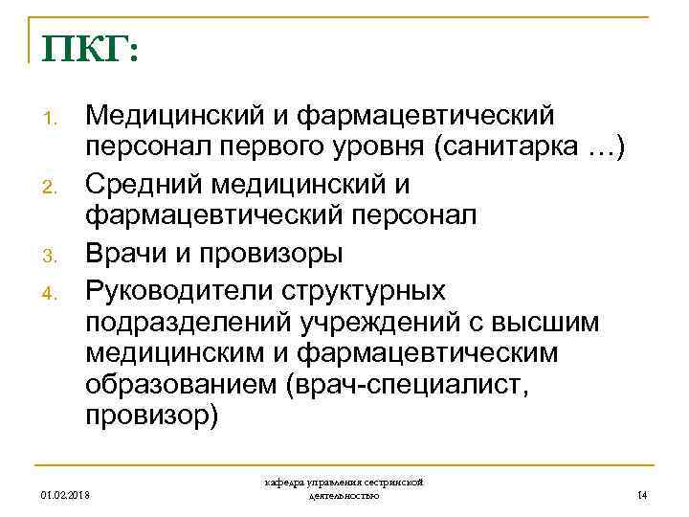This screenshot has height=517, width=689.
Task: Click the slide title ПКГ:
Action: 89,46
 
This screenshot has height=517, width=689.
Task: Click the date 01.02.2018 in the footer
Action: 69,494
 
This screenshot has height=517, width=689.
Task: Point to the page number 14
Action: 641,494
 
